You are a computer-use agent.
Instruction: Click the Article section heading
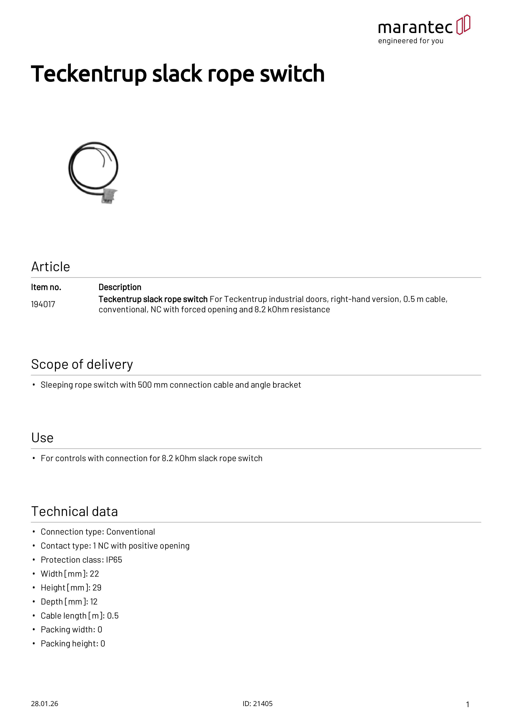pyautogui.click(x=50, y=267)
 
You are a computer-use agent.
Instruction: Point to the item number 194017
pyautogui.click(x=43, y=304)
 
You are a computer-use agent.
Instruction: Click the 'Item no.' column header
pyautogui.click(x=46, y=287)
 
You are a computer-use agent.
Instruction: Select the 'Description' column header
pyautogui.click(x=120, y=287)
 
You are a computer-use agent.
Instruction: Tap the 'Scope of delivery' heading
pyautogui.click(x=82, y=364)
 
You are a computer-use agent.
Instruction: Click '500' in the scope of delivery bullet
pyautogui.click(x=145, y=385)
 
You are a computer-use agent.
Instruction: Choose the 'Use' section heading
pyautogui.click(x=42, y=438)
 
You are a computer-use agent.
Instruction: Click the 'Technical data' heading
pyautogui.click(x=75, y=511)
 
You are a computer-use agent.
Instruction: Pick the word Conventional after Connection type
pyautogui.click(x=131, y=532)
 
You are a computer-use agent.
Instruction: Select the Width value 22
pyautogui.click(x=94, y=574)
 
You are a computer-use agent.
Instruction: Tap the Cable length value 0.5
pyautogui.click(x=113, y=616)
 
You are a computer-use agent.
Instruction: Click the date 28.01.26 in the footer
pyautogui.click(x=44, y=704)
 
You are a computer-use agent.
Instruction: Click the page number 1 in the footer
pyautogui.click(x=468, y=704)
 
